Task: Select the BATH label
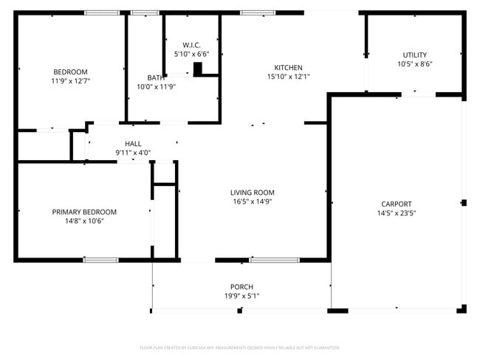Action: point(156,77)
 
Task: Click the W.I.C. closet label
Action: point(191,45)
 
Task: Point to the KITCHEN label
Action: point(288,67)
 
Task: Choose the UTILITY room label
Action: point(414,55)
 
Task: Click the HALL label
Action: point(133,144)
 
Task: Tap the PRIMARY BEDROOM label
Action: point(84,212)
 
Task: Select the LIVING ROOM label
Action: point(253,193)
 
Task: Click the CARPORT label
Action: point(397,204)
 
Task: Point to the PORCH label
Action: point(241,287)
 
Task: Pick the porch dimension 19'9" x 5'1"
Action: point(241,296)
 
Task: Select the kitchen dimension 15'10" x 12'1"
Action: point(288,76)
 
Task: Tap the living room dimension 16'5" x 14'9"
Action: point(253,201)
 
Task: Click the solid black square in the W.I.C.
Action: point(197,69)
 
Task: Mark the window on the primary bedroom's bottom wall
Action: point(100,260)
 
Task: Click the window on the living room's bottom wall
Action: point(274,260)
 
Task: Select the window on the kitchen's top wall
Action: point(258,13)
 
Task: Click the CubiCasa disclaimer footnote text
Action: point(240,347)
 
